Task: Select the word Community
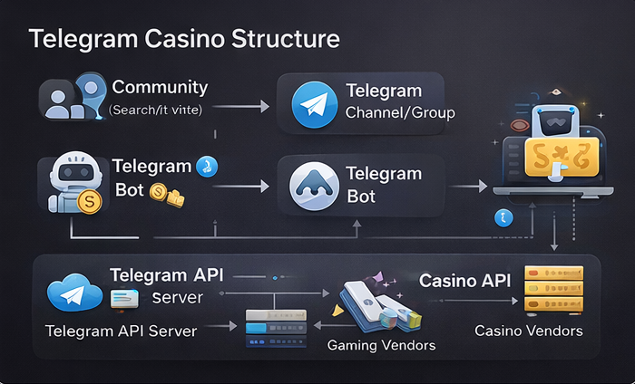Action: point(160,88)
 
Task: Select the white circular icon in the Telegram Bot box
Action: point(313,186)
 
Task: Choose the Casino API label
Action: point(464,281)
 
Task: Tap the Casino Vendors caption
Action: point(528,331)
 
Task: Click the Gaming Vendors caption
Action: point(381,346)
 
